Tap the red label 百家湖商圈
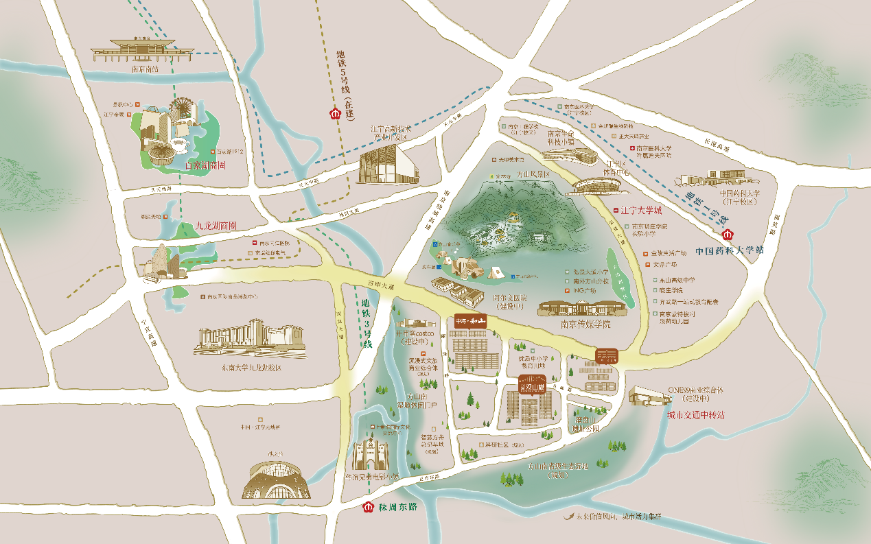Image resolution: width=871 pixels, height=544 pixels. tap(206, 165)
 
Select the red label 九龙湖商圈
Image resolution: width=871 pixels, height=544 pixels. tap(216, 225)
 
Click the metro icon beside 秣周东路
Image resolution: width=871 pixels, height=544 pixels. tap(367, 508)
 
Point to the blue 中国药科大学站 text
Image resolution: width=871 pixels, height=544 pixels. tap(729, 250)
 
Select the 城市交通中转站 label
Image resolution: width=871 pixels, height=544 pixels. tap(696, 415)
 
